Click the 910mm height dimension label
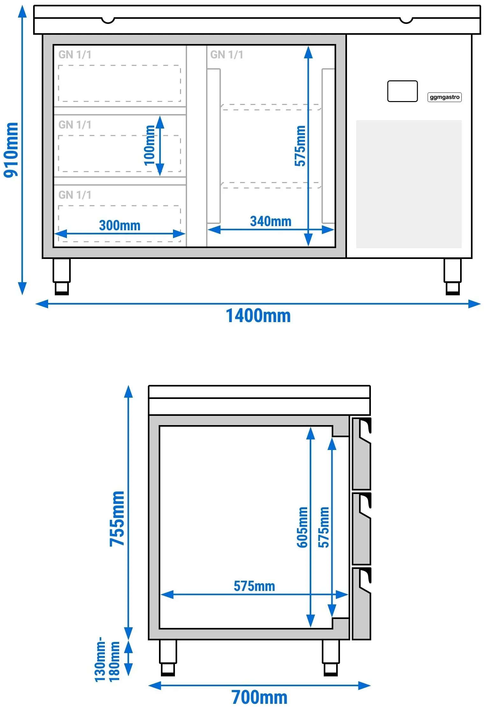point(11,150)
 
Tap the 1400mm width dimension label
point(258,316)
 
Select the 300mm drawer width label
point(120,225)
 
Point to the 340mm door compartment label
point(271,221)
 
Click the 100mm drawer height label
point(150,145)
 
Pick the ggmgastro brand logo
point(444,97)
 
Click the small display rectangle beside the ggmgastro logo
point(402,91)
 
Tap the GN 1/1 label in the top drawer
point(75,55)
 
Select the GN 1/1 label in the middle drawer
point(75,125)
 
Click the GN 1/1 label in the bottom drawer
point(75,195)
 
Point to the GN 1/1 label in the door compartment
point(227,55)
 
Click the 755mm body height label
point(117,519)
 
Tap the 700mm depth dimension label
point(259,697)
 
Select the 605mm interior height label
point(302,527)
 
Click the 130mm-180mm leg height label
point(107,659)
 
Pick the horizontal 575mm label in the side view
point(254,586)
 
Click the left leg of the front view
point(61,277)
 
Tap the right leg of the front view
point(452,277)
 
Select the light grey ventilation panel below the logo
point(409,184)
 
